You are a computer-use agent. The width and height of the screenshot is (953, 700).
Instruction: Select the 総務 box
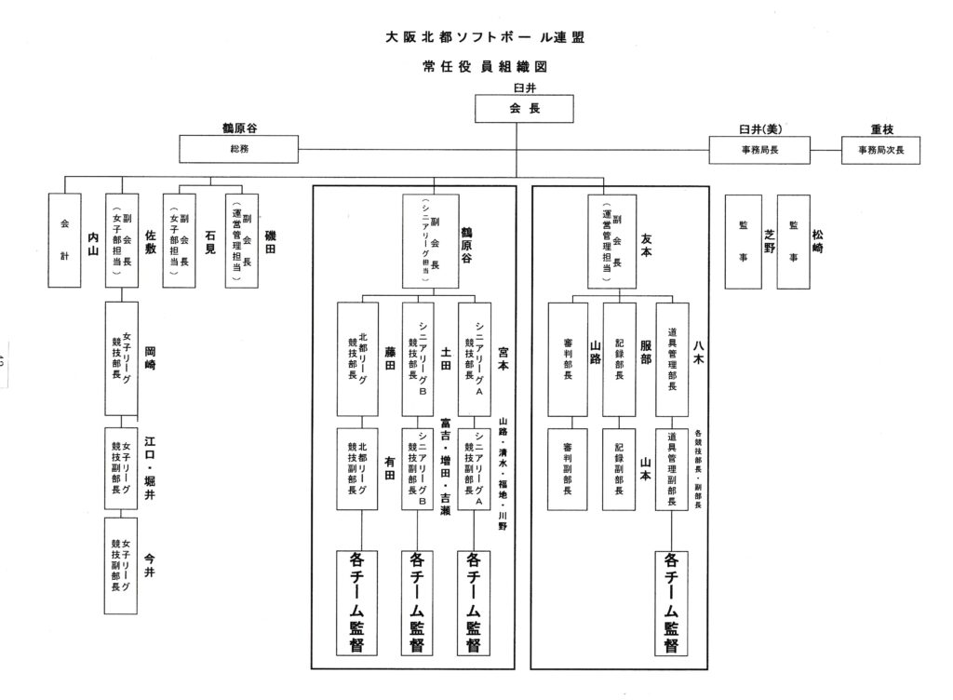click(x=239, y=149)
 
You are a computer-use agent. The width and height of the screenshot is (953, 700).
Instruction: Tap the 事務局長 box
click(x=759, y=150)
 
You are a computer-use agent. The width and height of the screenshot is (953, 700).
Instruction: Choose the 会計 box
click(x=65, y=240)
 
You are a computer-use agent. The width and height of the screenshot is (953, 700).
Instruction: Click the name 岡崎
click(x=150, y=353)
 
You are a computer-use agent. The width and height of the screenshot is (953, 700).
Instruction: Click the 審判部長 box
click(x=567, y=358)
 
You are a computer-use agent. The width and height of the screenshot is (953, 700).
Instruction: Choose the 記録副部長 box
click(x=619, y=467)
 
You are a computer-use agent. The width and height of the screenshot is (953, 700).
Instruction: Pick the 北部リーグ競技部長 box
click(x=358, y=358)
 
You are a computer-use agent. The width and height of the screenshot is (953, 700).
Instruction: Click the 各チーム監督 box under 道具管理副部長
click(x=670, y=603)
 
